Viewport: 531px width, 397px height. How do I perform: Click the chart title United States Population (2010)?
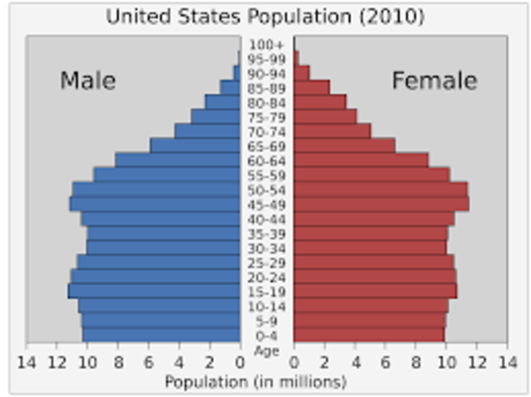265,17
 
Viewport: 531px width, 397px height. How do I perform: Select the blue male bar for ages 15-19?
154,291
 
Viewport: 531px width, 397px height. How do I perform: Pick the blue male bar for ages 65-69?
195,146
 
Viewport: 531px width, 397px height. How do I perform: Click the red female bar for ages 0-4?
368,335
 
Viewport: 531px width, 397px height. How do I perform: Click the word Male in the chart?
87,80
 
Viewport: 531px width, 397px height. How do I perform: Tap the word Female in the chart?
434,80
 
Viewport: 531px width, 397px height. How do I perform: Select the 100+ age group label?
266,44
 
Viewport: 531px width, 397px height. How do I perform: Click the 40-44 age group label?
266,219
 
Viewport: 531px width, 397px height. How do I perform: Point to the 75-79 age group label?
266,117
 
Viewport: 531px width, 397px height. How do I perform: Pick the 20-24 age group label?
266,277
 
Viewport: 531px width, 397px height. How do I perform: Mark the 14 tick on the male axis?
26,362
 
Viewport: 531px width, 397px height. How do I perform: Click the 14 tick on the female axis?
506,362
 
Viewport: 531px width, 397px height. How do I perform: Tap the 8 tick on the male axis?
118,362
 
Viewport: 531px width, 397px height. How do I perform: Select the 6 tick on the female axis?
386,362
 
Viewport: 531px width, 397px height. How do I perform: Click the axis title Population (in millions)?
255,382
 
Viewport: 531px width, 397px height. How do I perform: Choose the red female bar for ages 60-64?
360,160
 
